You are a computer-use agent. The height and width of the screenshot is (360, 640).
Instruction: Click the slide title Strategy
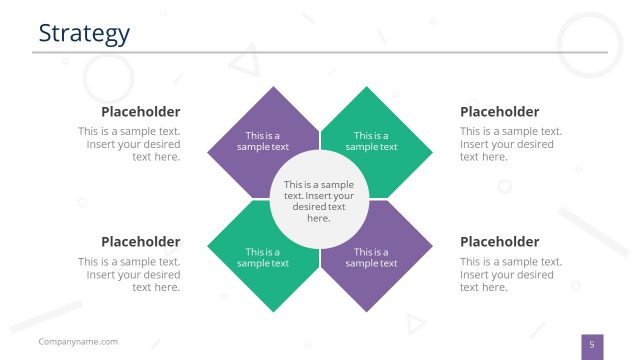pyautogui.click(x=84, y=33)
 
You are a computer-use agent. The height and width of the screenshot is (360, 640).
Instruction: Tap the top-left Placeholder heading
pyautogui.click(x=140, y=112)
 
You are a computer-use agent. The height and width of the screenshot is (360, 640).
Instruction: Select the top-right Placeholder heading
pyautogui.click(x=499, y=112)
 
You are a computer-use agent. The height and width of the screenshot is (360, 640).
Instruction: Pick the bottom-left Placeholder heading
pyautogui.click(x=140, y=242)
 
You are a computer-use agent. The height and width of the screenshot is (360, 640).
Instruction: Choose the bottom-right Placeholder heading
pyautogui.click(x=499, y=242)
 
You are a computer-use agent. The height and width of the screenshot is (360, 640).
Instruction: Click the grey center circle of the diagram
pyautogui.click(x=320, y=200)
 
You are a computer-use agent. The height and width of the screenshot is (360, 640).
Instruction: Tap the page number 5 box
pyautogui.click(x=592, y=346)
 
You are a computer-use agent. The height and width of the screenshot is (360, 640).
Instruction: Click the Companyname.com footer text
pyautogui.click(x=78, y=342)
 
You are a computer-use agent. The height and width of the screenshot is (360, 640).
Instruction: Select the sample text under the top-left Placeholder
pyautogui.click(x=130, y=144)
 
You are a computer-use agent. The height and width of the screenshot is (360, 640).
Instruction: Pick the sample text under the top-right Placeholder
pyautogui.click(x=510, y=144)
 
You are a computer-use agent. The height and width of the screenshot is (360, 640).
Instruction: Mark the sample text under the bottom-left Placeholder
pyautogui.click(x=130, y=274)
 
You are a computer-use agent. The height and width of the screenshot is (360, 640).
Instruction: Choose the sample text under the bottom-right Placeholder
pyautogui.click(x=510, y=274)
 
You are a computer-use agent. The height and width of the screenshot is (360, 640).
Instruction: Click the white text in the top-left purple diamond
pyautogui.click(x=263, y=141)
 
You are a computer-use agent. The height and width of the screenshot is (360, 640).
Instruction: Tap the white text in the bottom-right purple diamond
pyautogui.click(x=371, y=258)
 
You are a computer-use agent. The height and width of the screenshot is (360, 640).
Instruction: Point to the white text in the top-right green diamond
pyautogui.click(x=371, y=141)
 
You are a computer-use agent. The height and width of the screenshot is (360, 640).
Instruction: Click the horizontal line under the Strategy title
pyautogui.click(x=320, y=52)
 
